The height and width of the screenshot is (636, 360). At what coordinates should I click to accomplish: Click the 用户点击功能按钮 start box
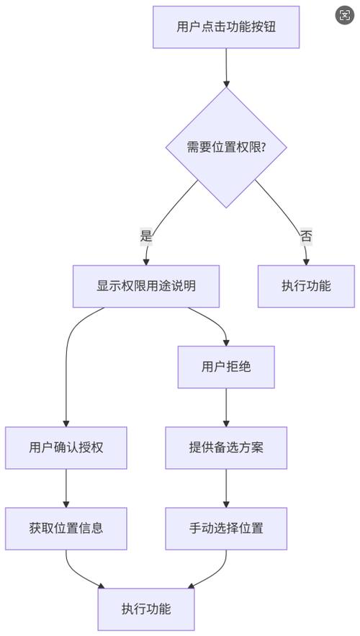[x=226, y=27]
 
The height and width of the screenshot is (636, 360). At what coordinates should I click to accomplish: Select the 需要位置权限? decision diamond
[x=226, y=147]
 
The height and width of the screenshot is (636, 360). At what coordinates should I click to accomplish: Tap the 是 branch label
[x=147, y=236]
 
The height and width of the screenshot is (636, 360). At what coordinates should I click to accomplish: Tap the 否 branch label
[x=306, y=236]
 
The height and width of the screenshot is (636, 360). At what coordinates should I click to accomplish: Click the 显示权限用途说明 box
[x=146, y=286]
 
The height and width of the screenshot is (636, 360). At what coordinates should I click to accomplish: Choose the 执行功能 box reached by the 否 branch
[x=306, y=286]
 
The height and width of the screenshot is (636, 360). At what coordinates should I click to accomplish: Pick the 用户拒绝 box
[x=226, y=367]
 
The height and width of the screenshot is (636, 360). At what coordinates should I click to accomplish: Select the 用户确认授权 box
[x=66, y=447]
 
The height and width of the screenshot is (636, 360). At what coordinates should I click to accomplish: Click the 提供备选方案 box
[x=226, y=447]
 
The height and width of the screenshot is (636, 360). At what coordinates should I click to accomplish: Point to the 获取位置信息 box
[x=66, y=528]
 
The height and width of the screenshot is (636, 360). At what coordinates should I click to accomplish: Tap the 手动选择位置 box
[x=226, y=528]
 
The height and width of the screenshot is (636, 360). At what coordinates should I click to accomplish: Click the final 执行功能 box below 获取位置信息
[x=146, y=609]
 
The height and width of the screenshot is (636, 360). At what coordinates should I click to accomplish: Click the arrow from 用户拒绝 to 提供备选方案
[x=226, y=407]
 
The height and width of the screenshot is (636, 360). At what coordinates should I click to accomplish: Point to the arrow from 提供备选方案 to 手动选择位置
[x=226, y=488]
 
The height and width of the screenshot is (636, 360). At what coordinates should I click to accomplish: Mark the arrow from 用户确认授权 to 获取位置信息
[x=66, y=488]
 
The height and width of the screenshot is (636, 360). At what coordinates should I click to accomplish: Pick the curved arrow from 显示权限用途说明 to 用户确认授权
[x=68, y=360]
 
